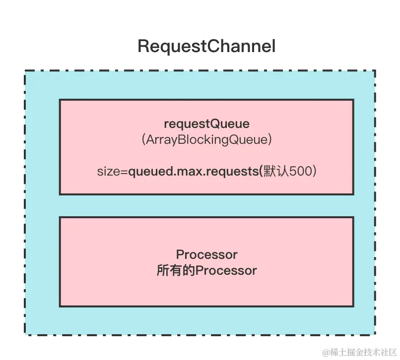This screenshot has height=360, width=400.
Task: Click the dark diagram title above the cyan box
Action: (x=206, y=47)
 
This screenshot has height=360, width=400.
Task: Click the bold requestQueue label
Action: (x=206, y=124)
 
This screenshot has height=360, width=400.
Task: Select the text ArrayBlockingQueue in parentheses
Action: (x=206, y=140)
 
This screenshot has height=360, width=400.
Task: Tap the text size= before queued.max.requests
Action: (x=112, y=172)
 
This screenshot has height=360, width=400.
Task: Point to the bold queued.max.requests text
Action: (x=193, y=172)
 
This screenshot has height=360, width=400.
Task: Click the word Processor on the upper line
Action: (x=206, y=254)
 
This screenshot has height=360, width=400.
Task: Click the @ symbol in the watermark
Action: (x=326, y=352)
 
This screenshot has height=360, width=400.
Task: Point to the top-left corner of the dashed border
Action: (x=25, y=69)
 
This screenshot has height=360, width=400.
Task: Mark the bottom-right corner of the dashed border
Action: (x=376, y=336)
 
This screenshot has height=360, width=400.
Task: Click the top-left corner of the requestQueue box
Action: (x=60, y=100)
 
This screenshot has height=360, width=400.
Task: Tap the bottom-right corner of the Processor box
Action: (x=353, y=306)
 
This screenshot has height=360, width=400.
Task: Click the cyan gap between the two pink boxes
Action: (x=206, y=205)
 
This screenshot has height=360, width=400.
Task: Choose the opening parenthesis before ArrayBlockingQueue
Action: (x=144, y=140)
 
